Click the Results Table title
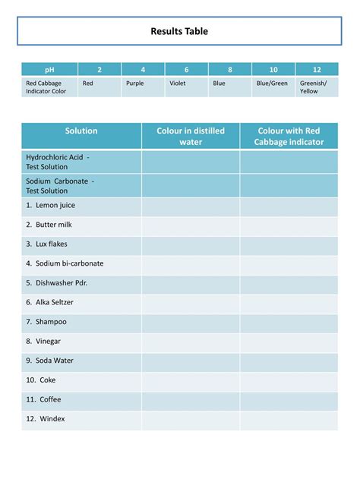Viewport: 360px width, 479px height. tap(179, 32)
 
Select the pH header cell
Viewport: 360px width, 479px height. tap(49, 69)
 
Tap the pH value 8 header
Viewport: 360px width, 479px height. tap(230, 69)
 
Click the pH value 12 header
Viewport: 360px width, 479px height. tap(317, 69)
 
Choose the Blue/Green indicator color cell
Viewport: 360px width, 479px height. tap(272, 84)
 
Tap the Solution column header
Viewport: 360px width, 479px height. tap(81, 131)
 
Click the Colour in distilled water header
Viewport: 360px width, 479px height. tap(191, 136)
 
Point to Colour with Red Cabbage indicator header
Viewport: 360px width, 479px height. tap(289, 136)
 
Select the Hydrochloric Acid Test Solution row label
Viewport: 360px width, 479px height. tap(58, 162)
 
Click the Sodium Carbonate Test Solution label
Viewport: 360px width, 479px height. tap(60, 186)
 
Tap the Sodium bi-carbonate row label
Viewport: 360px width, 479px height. tap(65, 263)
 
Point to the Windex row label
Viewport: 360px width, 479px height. tap(45, 419)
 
